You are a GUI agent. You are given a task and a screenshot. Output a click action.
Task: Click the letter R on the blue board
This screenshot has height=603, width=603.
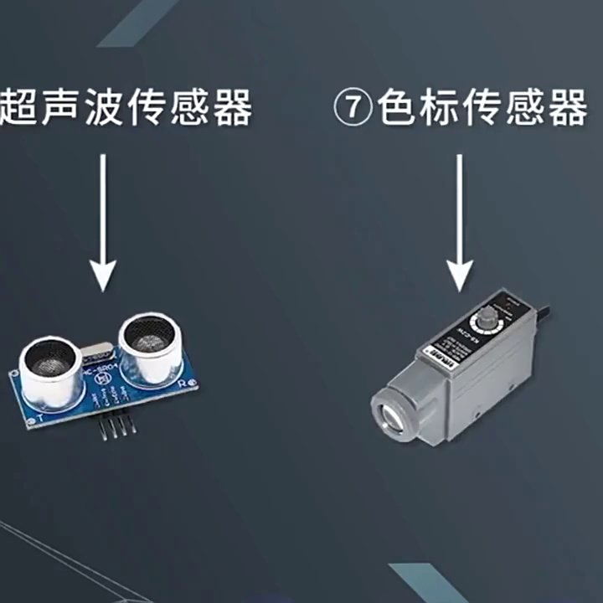click(x=181, y=384)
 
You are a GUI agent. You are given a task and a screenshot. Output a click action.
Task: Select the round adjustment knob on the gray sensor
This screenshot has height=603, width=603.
click(x=486, y=319)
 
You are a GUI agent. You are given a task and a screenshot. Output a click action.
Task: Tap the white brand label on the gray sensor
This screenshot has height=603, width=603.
click(x=441, y=356)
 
